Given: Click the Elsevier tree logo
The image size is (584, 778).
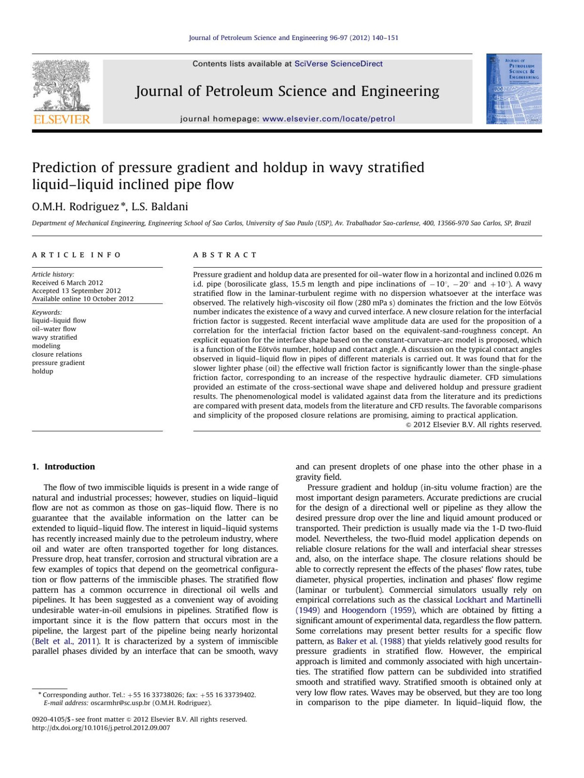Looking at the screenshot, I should (x=61, y=86).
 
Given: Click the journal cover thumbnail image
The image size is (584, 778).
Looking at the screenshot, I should (x=513, y=89).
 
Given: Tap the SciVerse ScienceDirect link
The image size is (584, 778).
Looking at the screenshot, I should (x=338, y=64).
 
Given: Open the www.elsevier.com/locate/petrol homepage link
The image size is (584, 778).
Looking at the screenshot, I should (x=328, y=119).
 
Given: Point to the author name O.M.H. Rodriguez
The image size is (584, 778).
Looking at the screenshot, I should (x=75, y=207).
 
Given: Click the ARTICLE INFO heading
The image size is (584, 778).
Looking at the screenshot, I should (x=76, y=255).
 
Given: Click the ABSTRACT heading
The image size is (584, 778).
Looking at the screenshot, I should (x=225, y=255).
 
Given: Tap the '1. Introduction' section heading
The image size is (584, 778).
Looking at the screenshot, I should (x=63, y=467).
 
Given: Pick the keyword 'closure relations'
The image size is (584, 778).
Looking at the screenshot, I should (x=57, y=354).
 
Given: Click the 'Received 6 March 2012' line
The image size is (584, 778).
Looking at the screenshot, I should (x=68, y=283).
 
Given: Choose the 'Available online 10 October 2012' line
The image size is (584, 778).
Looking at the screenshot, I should (x=83, y=299).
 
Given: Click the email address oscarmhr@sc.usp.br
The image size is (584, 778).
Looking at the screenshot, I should (x=120, y=703).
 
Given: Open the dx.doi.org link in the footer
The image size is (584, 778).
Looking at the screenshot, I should (x=101, y=728).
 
